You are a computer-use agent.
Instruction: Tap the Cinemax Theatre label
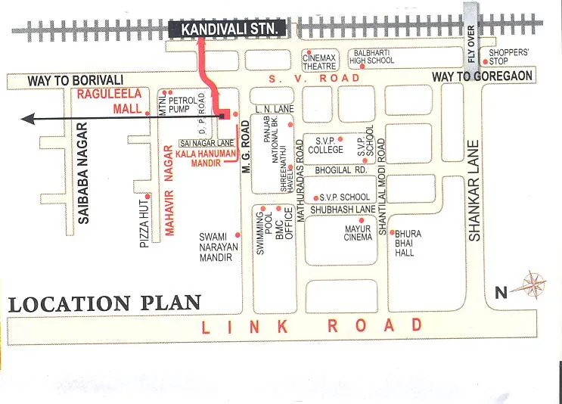click(319, 61)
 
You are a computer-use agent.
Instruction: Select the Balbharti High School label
click(371, 57)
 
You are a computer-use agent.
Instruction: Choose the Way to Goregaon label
click(483, 76)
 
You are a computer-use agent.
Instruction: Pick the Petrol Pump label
click(183, 105)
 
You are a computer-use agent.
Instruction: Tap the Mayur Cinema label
click(358, 232)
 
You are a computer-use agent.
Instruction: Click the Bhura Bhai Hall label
click(408, 244)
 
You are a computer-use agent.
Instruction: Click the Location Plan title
click(104, 304)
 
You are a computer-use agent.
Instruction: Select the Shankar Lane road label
click(474, 191)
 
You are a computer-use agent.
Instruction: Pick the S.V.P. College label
click(324, 145)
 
